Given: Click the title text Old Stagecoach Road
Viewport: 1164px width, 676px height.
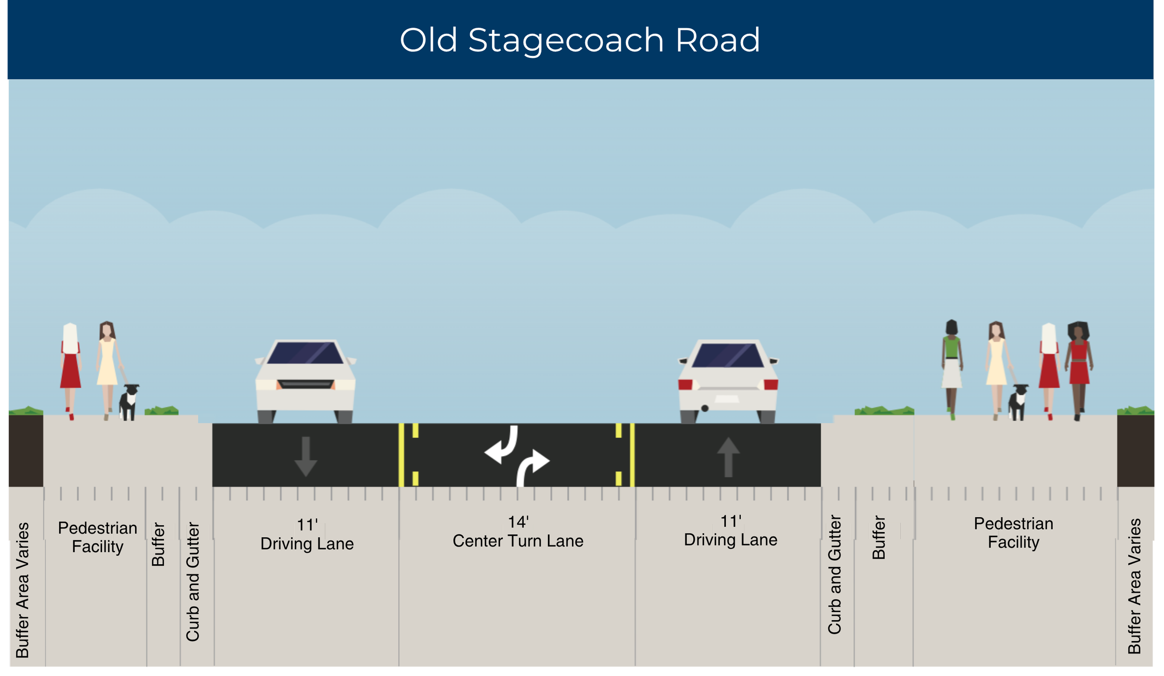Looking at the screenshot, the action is coord(580,41).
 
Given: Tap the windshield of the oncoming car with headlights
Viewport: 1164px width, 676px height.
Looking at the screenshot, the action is coord(305,353).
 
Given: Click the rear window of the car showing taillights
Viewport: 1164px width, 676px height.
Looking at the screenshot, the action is coord(728,355).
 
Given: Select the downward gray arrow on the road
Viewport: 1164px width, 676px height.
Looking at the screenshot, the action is coord(306,457).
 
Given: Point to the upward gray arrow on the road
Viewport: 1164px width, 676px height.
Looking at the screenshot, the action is coord(729,457).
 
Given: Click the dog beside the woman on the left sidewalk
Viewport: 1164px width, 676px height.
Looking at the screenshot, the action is coord(129,402).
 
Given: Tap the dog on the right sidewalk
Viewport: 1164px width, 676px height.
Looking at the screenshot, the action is coord(1018,402).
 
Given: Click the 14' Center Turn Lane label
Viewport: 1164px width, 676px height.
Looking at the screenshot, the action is coord(518,532).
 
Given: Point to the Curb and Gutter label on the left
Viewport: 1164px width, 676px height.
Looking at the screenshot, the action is coord(193,582).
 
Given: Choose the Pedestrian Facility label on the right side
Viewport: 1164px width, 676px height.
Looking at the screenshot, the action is coord(1014,533).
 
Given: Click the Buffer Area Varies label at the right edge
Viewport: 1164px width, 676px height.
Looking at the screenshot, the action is coord(1134,586).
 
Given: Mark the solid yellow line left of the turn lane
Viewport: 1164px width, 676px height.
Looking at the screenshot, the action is coord(401,455).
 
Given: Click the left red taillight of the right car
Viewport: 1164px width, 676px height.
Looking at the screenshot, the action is coord(685,384).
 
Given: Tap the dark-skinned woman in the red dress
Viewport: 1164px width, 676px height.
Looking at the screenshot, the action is coord(1079,371).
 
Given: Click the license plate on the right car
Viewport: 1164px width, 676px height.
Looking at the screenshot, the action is coord(727,399).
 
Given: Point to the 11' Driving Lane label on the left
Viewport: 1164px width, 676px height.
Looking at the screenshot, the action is coord(307,535).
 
